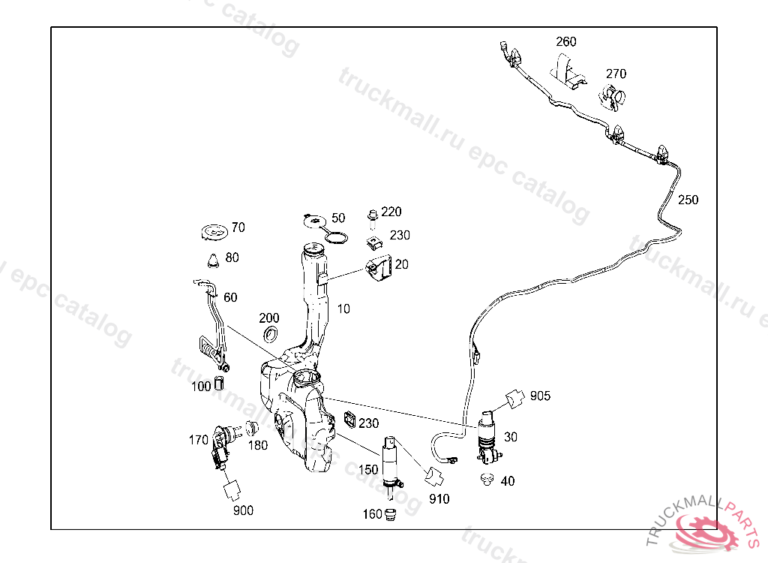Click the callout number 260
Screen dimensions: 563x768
(x=566, y=42)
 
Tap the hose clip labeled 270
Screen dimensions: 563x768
(x=613, y=97)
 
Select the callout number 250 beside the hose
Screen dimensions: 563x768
(x=688, y=200)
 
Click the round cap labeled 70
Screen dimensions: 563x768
(x=214, y=232)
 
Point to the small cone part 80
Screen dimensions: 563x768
(x=213, y=260)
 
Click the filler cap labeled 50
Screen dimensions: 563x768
(x=313, y=220)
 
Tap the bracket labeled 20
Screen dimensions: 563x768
(x=379, y=268)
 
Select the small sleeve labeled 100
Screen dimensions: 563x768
(x=220, y=384)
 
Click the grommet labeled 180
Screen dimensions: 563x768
(x=252, y=429)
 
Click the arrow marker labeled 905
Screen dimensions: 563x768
(x=514, y=398)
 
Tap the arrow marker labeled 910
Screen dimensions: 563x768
(x=434, y=477)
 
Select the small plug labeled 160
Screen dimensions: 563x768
(x=389, y=514)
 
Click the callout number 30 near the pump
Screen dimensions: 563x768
(x=510, y=437)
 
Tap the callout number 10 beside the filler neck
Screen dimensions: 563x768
(x=343, y=309)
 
